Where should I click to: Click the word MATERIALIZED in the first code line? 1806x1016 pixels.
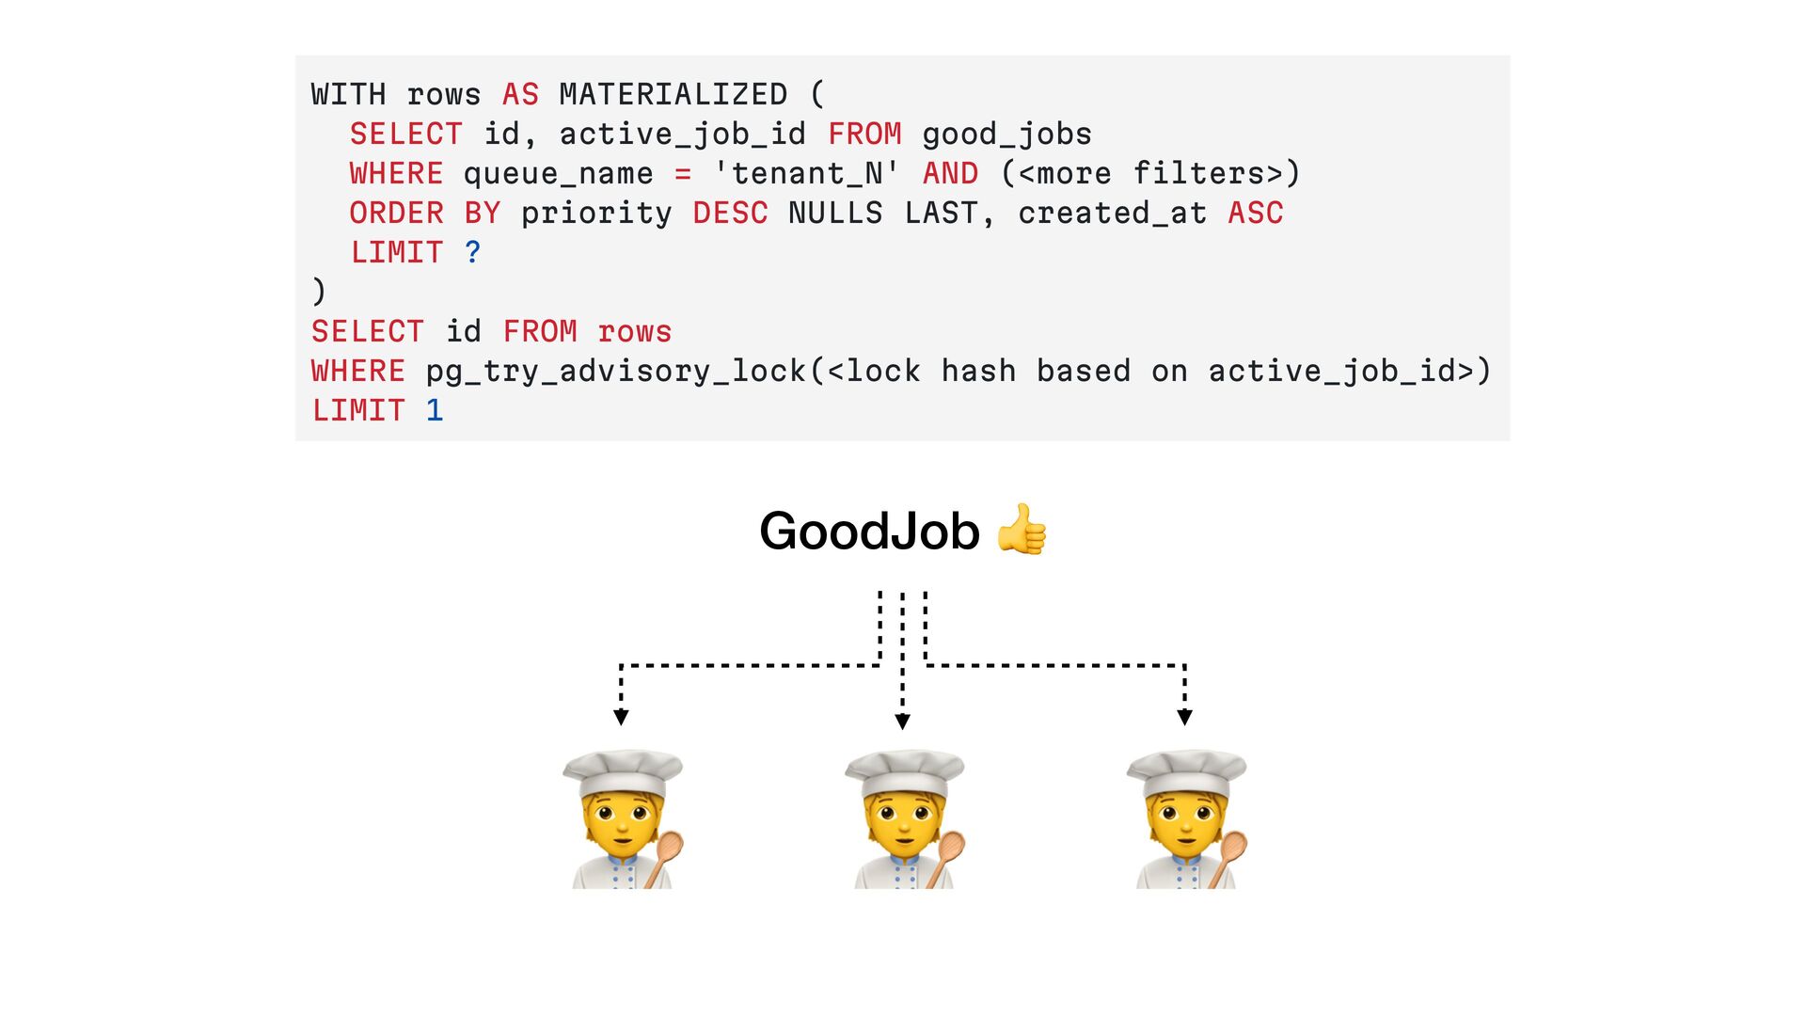tap(673, 94)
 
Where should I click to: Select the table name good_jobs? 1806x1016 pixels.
tap(1006, 134)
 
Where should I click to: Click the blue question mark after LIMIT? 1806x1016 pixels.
tap(472, 252)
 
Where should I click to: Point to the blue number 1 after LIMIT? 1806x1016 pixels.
tap(434, 410)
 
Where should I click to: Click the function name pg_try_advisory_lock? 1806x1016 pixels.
tap(616, 371)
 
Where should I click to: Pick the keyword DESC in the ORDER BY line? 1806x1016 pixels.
tap(730, 213)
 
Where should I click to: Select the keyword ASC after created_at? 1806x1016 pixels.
tap(1255, 213)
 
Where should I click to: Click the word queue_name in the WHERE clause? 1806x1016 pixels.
tap(558, 173)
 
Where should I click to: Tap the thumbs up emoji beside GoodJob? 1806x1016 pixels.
tap(1022, 530)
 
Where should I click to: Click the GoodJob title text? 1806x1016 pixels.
tap(869, 531)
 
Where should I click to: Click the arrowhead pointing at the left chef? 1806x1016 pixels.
tap(621, 718)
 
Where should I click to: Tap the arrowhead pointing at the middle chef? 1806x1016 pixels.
tap(903, 722)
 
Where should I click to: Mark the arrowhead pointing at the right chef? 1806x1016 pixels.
tap(1185, 718)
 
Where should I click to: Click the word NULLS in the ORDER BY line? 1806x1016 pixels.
tap(835, 213)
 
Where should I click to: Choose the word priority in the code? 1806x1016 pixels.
tap(596, 213)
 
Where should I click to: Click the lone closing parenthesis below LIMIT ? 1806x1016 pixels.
tap(319, 292)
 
